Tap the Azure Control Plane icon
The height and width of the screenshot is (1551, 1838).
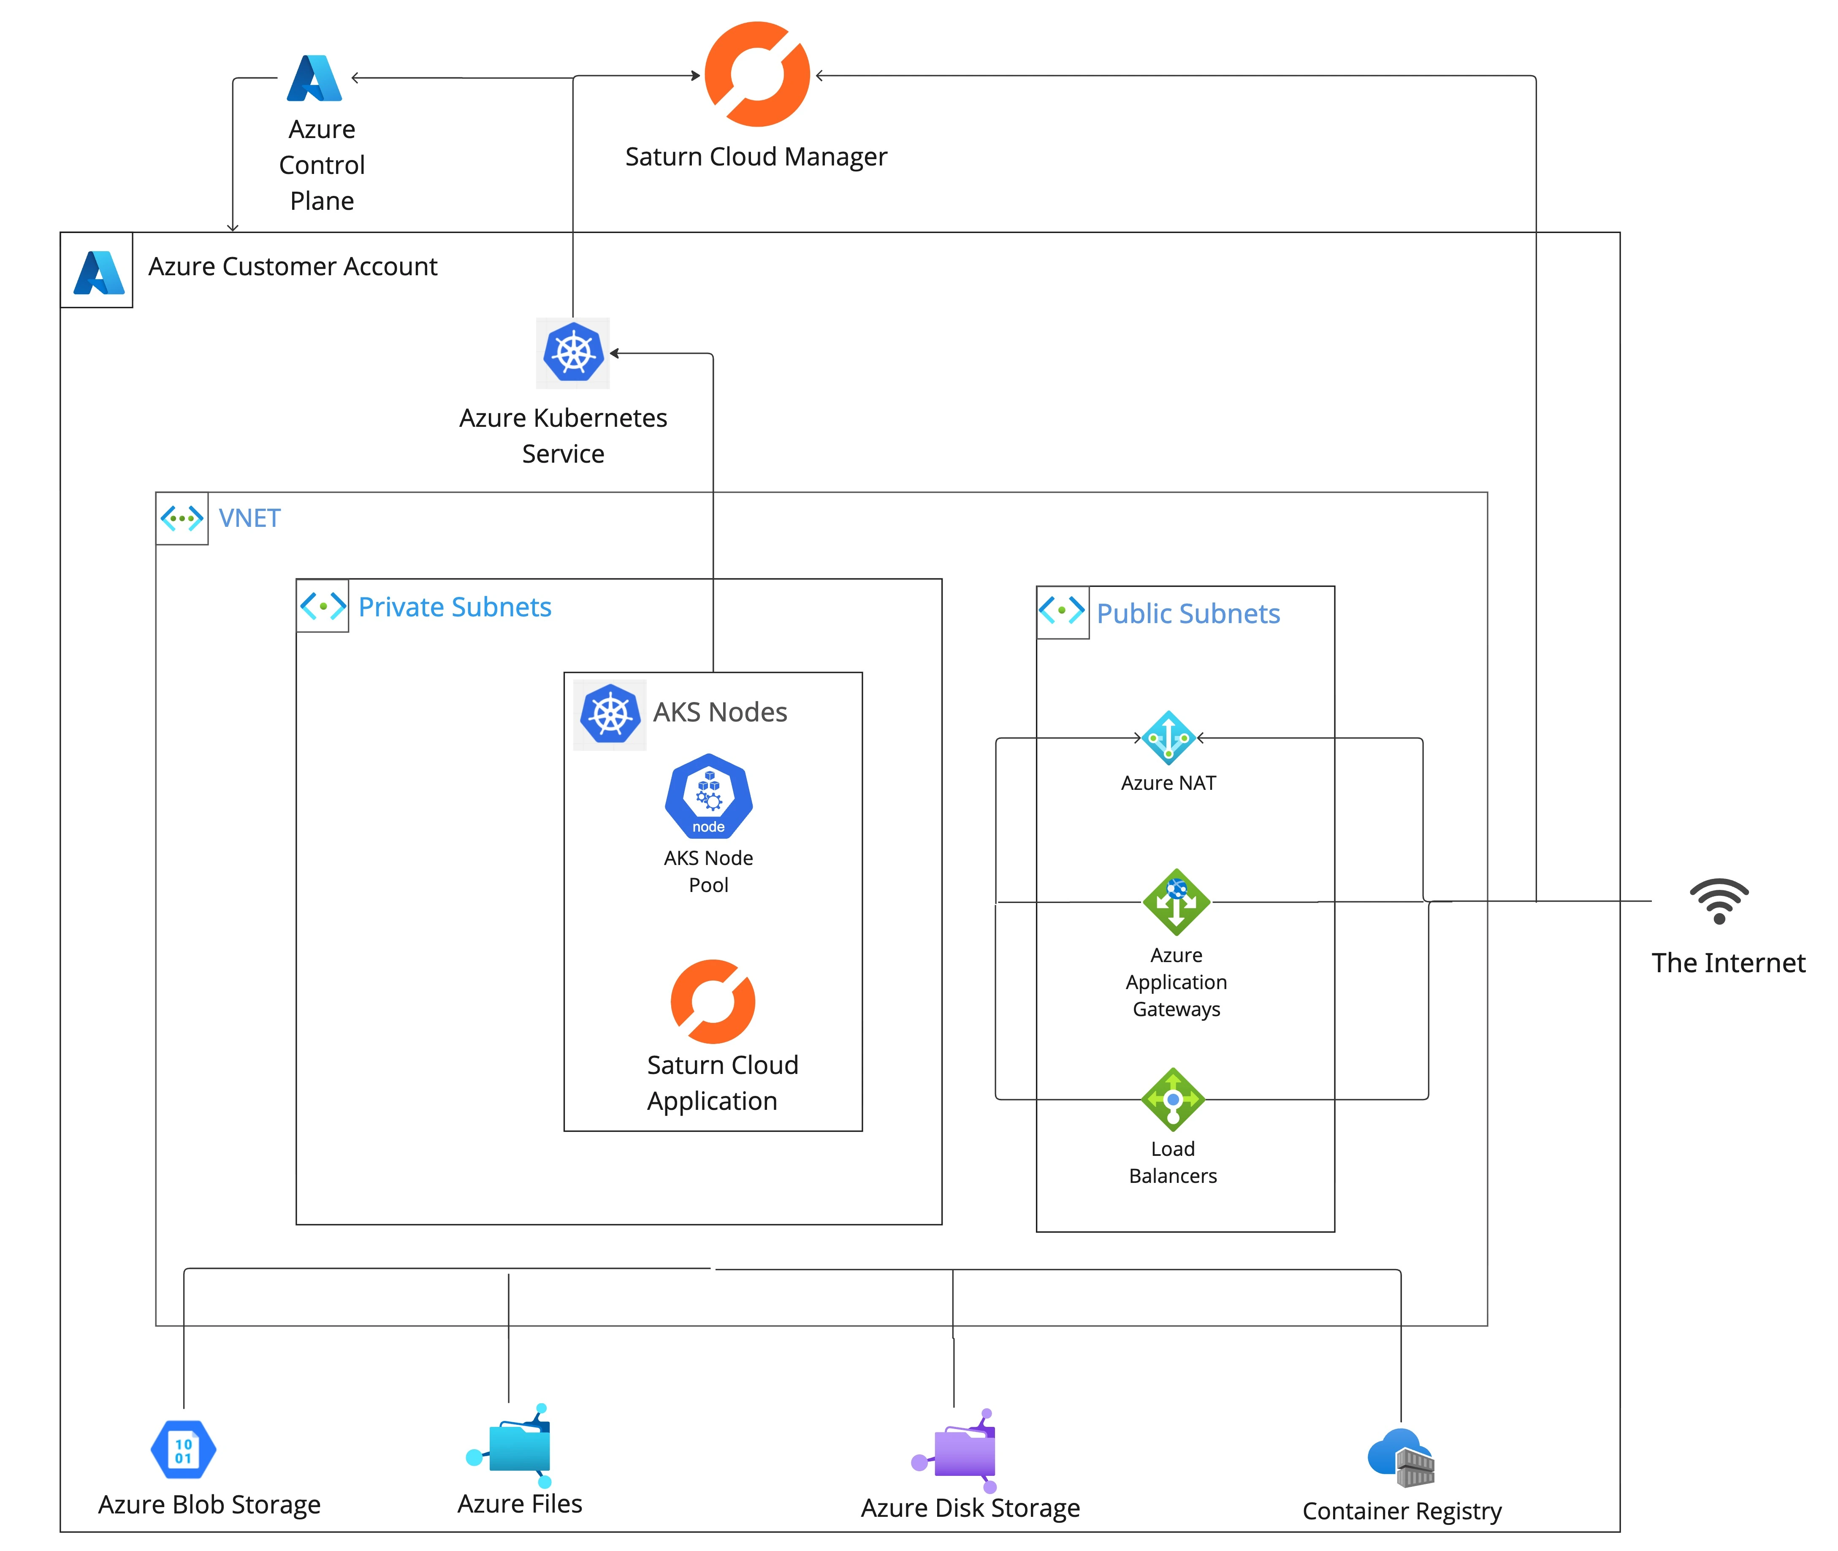[314, 78]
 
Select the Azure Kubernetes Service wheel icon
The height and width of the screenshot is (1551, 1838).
[573, 352]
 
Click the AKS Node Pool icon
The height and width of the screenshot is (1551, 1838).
[708, 796]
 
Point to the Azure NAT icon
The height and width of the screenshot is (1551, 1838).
[1168, 738]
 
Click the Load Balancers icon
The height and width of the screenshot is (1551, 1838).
[1173, 1099]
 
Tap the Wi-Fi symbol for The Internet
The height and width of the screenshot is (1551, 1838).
[1719, 901]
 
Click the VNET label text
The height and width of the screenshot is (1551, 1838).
[249, 518]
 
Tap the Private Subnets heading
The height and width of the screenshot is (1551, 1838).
[455, 607]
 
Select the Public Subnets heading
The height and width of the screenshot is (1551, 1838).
[1187, 614]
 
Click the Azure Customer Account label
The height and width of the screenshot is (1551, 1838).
[293, 266]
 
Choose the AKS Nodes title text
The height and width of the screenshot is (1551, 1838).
[720, 712]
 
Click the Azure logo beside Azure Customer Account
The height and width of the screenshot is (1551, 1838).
[98, 273]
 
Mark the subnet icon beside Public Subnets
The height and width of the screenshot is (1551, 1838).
[1062, 610]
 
